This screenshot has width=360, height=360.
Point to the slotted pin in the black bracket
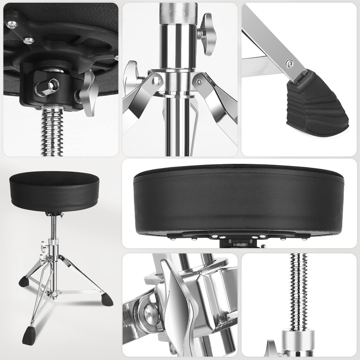[x=46, y=87]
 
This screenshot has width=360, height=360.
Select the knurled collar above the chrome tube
[x=179, y=13]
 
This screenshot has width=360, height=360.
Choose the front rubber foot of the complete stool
[x=29, y=335]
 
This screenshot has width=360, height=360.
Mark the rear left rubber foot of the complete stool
[x=24, y=282]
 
